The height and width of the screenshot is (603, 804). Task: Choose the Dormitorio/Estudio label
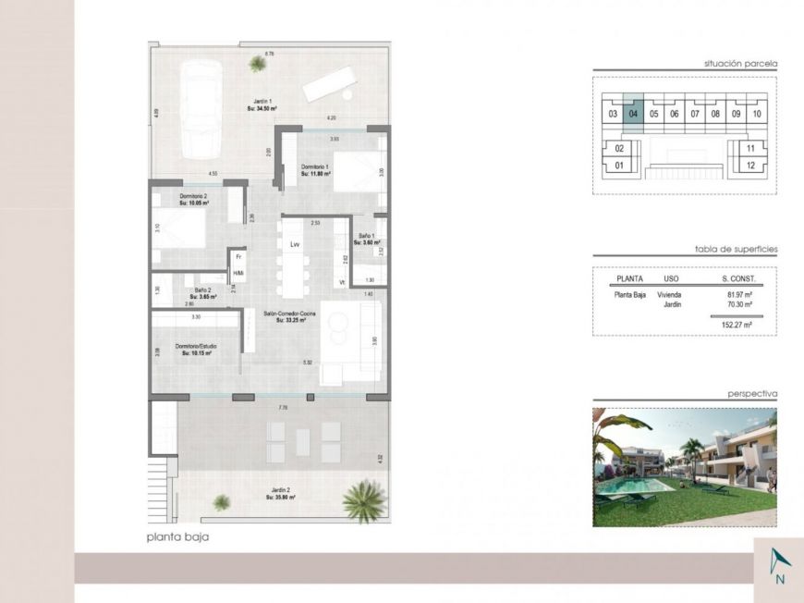point(196,350)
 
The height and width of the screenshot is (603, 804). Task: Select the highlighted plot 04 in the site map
point(633,115)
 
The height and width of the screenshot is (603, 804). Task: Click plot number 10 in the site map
point(756,115)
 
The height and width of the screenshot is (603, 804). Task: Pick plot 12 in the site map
point(750,166)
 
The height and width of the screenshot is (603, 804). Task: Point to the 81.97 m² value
point(739,295)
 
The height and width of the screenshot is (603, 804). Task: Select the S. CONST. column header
point(738,277)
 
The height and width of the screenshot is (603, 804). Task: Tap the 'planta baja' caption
point(171,536)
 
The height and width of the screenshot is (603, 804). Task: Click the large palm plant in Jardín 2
point(360,502)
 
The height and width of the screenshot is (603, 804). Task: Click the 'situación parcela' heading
point(740,64)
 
